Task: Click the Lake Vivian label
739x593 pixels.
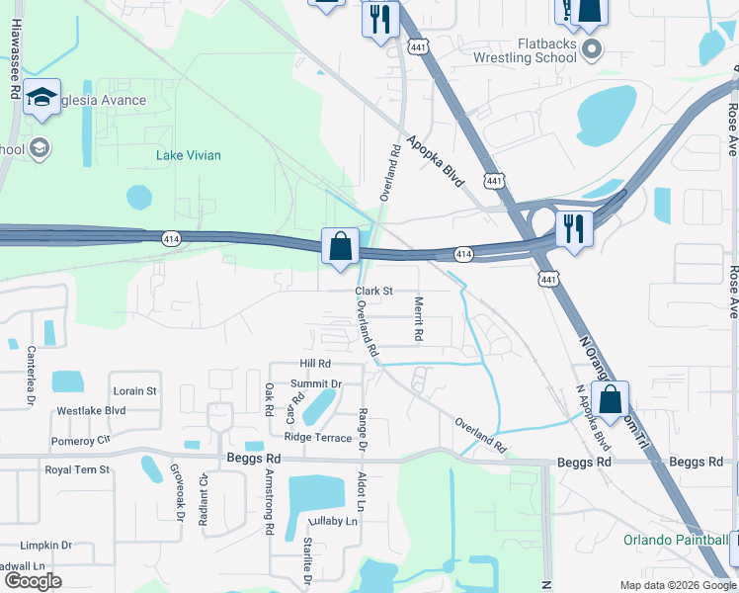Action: pyautogui.click(x=189, y=155)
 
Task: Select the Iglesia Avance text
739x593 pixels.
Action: pyautogui.click(x=105, y=100)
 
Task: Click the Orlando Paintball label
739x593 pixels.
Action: pyautogui.click(x=676, y=540)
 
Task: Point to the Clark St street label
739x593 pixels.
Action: pyautogui.click(x=374, y=292)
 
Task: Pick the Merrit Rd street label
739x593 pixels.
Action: pyautogui.click(x=419, y=319)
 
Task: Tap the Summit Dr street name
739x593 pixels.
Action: pyautogui.click(x=316, y=383)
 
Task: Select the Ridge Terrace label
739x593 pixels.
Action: pyautogui.click(x=317, y=437)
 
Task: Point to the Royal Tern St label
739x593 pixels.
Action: pyautogui.click(x=77, y=470)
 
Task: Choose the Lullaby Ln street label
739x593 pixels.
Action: pyautogui.click(x=331, y=521)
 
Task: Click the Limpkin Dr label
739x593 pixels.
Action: pyautogui.click(x=46, y=545)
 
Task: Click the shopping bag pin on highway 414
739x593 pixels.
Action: pyautogui.click(x=340, y=247)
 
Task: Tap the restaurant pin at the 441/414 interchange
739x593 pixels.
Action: pyautogui.click(x=573, y=228)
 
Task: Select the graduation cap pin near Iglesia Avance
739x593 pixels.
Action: pyautogui.click(x=41, y=97)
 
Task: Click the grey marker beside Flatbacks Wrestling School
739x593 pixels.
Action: pyautogui.click(x=592, y=49)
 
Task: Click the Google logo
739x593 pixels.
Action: pyautogui.click(x=33, y=581)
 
